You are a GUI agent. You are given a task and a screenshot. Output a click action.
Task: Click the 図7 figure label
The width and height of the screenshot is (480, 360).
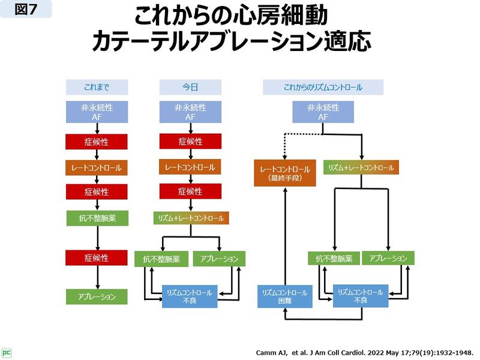click(x=26, y=10)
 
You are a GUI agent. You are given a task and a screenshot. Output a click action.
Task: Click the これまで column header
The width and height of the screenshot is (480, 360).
click(x=97, y=87)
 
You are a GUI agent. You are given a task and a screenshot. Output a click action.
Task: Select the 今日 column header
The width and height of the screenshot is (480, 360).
click(x=190, y=87)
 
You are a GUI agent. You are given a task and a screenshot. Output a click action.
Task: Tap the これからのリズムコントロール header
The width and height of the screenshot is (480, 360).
click(x=323, y=87)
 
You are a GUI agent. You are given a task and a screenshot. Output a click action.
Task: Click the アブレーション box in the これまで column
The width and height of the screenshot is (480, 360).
click(x=97, y=296)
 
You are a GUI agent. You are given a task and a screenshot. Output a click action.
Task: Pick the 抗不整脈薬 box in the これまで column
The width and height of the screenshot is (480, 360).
click(x=97, y=218)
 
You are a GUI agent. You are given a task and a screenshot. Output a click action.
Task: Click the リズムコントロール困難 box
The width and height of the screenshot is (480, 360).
click(x=285, y=296)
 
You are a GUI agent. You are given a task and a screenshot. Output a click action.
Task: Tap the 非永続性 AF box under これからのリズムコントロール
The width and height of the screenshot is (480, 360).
click(x=323, y=112)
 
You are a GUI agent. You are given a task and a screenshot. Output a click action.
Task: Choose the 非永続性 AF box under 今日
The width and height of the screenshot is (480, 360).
click(x=190, y=112)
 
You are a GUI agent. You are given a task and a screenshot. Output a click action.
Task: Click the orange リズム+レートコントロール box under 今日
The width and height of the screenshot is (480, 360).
click(x=190, y=218)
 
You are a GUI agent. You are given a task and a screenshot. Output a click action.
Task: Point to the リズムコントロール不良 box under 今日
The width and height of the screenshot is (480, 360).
click(x=190, y=296)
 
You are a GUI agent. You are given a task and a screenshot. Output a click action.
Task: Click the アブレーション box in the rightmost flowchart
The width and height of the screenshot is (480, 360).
click(x=388, y=259)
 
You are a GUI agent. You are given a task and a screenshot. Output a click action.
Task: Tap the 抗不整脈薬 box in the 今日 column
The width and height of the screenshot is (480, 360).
click(x=161, y=259)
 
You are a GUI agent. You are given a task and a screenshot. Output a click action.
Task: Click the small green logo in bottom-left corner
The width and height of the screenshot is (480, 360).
click(x=7, y=352)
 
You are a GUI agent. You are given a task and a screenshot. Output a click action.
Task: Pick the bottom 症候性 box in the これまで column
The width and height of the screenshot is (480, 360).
click(x=97, y=258)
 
